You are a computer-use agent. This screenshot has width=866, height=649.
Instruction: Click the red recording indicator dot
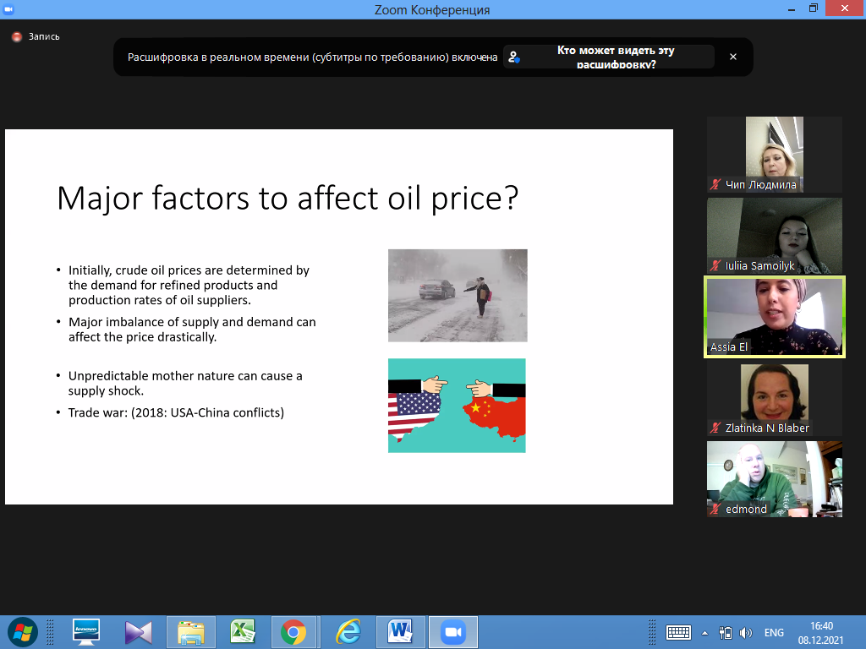(17, 37)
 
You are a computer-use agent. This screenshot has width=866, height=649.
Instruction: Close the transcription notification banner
(733, 57)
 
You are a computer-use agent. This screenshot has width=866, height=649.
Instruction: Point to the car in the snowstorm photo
(437, 288)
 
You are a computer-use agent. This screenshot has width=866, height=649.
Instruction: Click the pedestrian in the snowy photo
(481, 297)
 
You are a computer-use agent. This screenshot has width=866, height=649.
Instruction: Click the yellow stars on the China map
(480, 408)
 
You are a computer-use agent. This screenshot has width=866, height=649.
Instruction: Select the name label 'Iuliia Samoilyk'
(759, 266)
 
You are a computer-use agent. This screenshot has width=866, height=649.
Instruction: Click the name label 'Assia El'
(728, 347)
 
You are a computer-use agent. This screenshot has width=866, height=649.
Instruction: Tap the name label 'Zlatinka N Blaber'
(767, 428)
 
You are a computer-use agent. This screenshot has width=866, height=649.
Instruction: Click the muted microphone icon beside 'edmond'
(715, 509)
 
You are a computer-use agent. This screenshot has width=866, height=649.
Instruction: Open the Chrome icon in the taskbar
(293, 632)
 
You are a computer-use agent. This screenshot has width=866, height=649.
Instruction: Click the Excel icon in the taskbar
(243, 632)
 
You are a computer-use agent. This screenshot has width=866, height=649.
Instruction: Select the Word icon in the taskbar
(400, 632)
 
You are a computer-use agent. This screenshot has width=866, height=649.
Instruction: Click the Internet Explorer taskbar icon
(348, 632)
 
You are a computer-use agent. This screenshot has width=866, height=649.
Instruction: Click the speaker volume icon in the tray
(746, 633)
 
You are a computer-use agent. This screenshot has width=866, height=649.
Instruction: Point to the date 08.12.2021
(820, 641)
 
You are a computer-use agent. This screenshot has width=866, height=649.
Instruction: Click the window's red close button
(845, 8)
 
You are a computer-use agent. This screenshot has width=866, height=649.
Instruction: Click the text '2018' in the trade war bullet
(150, 412)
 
